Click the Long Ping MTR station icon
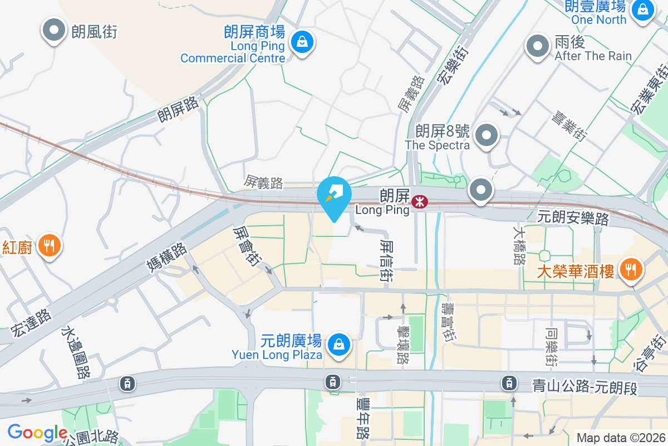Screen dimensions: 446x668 click(x=419, y=201)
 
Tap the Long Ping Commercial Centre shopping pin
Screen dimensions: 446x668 click(x=301, y=42)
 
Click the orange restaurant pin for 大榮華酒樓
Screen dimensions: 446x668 click(x=630, y=270)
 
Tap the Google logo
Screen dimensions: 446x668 click(x=37, y=433)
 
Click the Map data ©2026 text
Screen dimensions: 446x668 click(x=621, y=438)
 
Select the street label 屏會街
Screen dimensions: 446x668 click(x=247, y=246)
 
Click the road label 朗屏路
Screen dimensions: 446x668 click(x=178, y=107)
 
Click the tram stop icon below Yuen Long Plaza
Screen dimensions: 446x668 click(x=333, y=382)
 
